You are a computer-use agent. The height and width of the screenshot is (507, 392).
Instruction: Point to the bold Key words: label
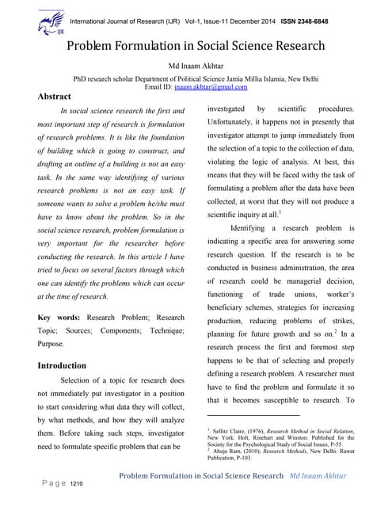[x=61, y=317]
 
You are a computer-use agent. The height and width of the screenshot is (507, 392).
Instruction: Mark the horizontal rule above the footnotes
[x=253, y=414]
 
